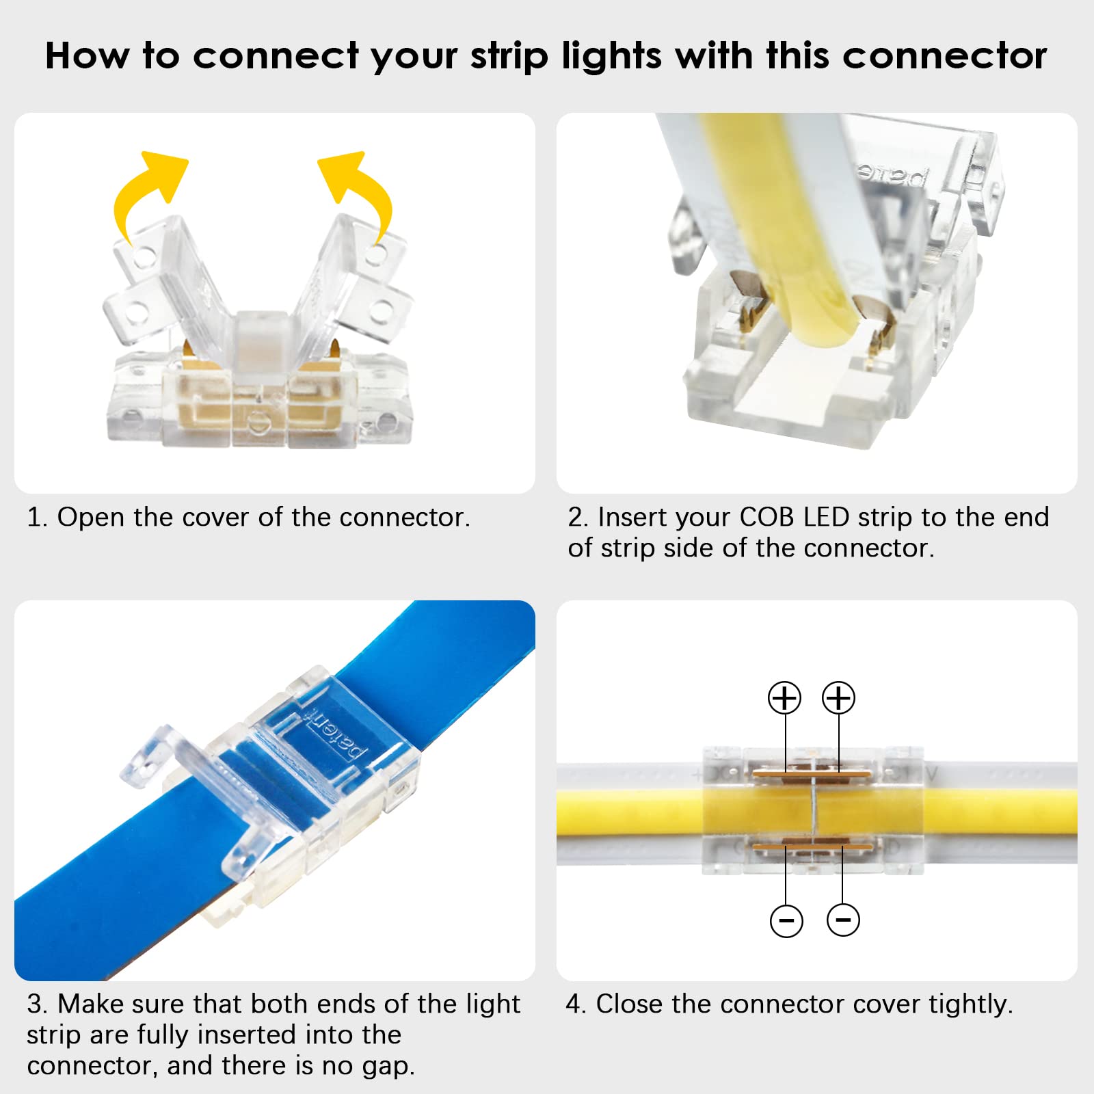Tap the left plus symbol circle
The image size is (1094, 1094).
[784, 698]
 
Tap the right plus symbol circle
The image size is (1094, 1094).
[838, 698]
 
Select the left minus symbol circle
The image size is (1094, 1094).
[786, 920]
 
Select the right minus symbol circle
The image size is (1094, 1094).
[843, 920]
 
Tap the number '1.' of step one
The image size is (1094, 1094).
[37, 518]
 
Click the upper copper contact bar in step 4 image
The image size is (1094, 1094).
[812, 774]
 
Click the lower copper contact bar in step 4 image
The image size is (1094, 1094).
[812, 847]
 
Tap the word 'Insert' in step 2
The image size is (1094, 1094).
[629, 518]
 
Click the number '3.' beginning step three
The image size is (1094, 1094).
[37, 1004]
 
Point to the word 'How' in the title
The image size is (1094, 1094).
[86, 55]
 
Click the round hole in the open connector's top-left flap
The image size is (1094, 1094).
[144, 258]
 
